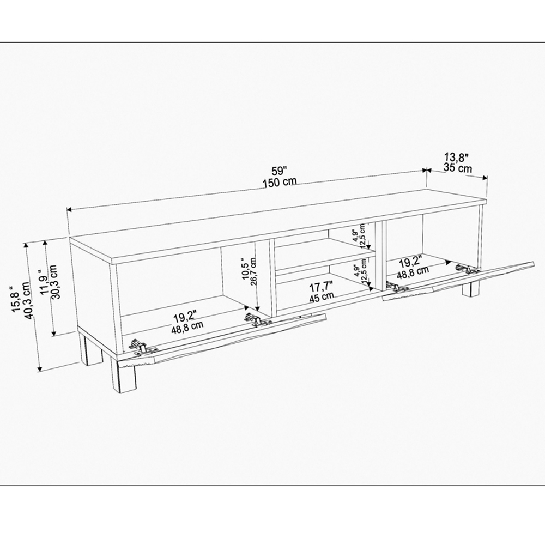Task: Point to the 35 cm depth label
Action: pos(458,168)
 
